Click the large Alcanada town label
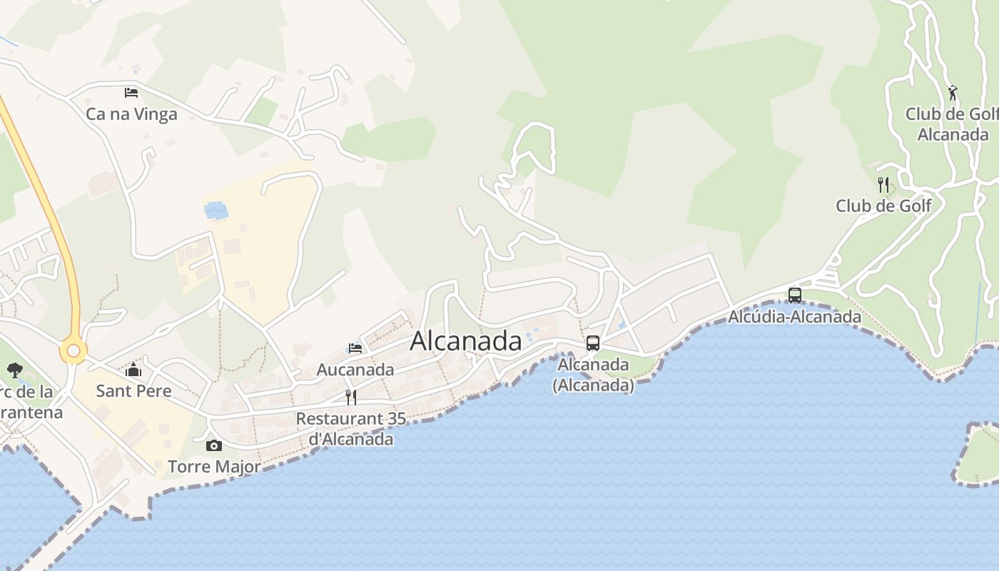tap(466, 341)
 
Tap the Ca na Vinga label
tap(131, 114)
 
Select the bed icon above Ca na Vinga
tap(131, 93)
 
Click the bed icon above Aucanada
tap(355, 348)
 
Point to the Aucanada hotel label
tap(355, 370)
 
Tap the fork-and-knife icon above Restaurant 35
tap(351, 397)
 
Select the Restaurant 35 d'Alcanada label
tap(351, 428)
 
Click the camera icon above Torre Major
tap(213, 446)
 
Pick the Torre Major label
tap(213, 467)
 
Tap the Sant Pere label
tap(133, 391)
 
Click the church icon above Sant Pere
tap(133, 370)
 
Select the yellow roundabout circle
tap(73, 350)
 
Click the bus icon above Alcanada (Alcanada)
tap(593, 343)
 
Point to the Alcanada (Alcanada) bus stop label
tap(593, 375)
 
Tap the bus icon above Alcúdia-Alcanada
tap(794, 295)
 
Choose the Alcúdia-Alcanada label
tap(794, 316)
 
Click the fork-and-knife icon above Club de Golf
tap(883, 185)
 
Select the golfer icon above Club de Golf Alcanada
tap(953, 93)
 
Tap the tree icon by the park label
tap(14, 370)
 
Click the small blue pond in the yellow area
tap(216, 211)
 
